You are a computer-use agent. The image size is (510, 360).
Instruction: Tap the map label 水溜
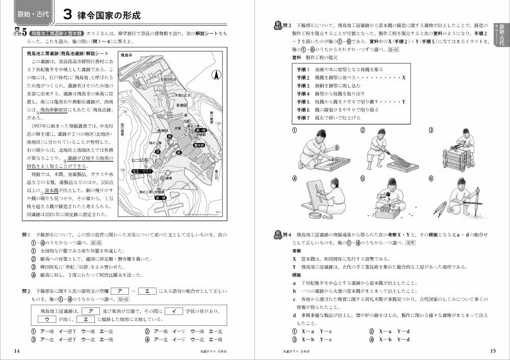177,128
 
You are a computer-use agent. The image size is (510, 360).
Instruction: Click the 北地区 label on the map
182,106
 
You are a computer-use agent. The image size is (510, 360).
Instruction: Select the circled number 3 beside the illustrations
431,131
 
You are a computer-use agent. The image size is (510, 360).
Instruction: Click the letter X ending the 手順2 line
403,78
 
